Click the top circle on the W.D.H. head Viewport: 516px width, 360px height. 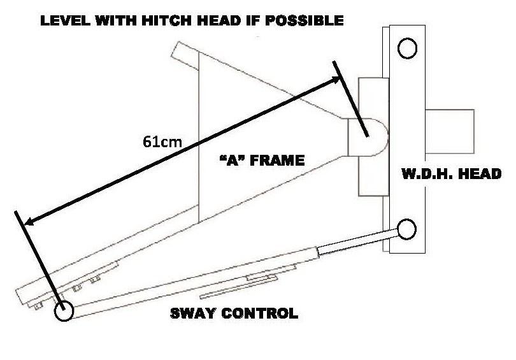[x=406, y=48]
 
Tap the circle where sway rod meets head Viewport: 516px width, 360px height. [x=406, y=227]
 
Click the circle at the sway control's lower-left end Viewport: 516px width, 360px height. [x=63, y=312]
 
